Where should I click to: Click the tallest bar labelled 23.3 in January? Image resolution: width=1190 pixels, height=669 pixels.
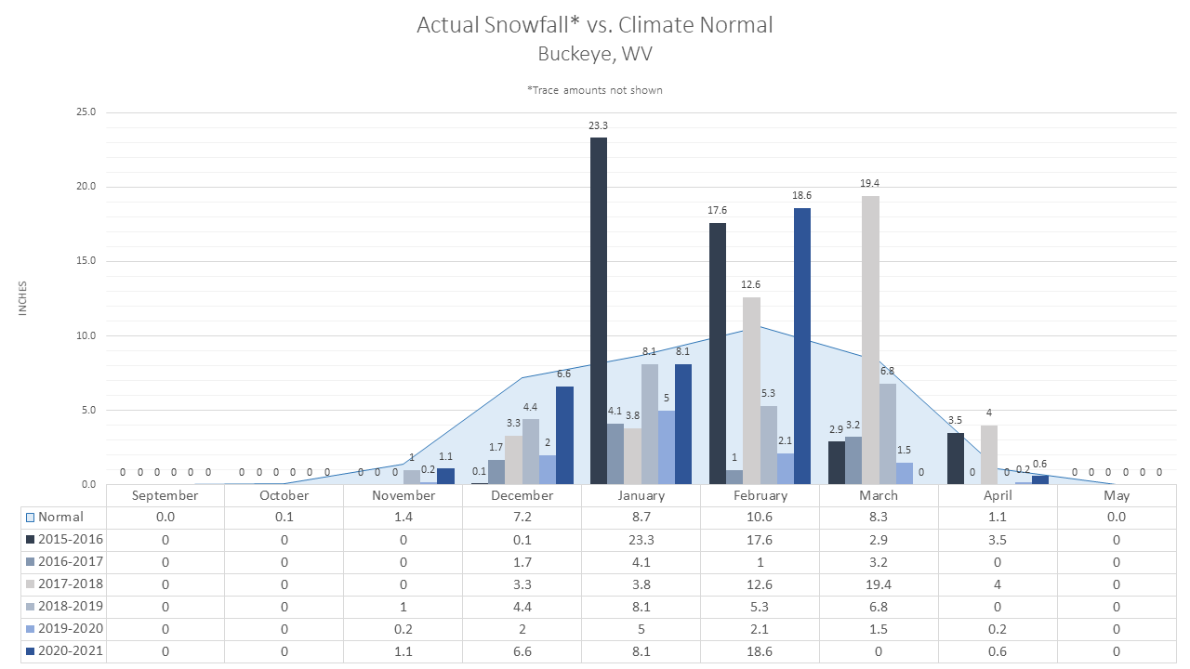coord(599,310)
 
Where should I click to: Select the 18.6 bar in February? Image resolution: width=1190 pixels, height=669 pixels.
coord(802,347)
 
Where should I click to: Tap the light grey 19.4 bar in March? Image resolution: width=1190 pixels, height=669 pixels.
coord(870,340)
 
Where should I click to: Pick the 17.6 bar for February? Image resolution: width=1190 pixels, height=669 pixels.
coord(717,354)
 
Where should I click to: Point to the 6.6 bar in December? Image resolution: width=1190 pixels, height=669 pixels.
coord(564,436)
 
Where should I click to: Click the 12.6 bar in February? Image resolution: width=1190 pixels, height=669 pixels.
coord(751,391)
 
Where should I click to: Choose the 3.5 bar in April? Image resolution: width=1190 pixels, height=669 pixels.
coord(955,459)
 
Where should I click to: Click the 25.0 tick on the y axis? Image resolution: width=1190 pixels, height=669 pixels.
coord(86,112)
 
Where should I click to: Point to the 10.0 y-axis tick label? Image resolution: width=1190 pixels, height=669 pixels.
coord(86,335)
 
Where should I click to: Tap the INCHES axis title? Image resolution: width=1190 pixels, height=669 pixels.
coord(22,298)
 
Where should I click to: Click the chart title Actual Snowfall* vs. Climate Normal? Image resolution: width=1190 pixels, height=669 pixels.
coord(594,25)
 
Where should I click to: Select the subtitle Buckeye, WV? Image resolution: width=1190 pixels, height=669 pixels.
coord(595,54)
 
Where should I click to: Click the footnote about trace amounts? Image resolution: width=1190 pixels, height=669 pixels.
coord(594,90)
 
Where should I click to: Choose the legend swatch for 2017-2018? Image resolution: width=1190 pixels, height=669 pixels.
coord(31,584)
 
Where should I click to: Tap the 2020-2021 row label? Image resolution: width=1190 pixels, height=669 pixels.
coord(71,651)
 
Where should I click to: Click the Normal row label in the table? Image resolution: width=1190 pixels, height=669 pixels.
coord(60,518)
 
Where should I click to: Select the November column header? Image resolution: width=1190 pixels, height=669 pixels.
coord(403,495)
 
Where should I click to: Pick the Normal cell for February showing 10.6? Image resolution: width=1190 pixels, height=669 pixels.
coord(760,518)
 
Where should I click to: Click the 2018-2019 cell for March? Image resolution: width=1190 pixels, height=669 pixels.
coord(879,607)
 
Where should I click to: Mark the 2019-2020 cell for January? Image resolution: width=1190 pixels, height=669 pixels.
coord(641,629)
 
